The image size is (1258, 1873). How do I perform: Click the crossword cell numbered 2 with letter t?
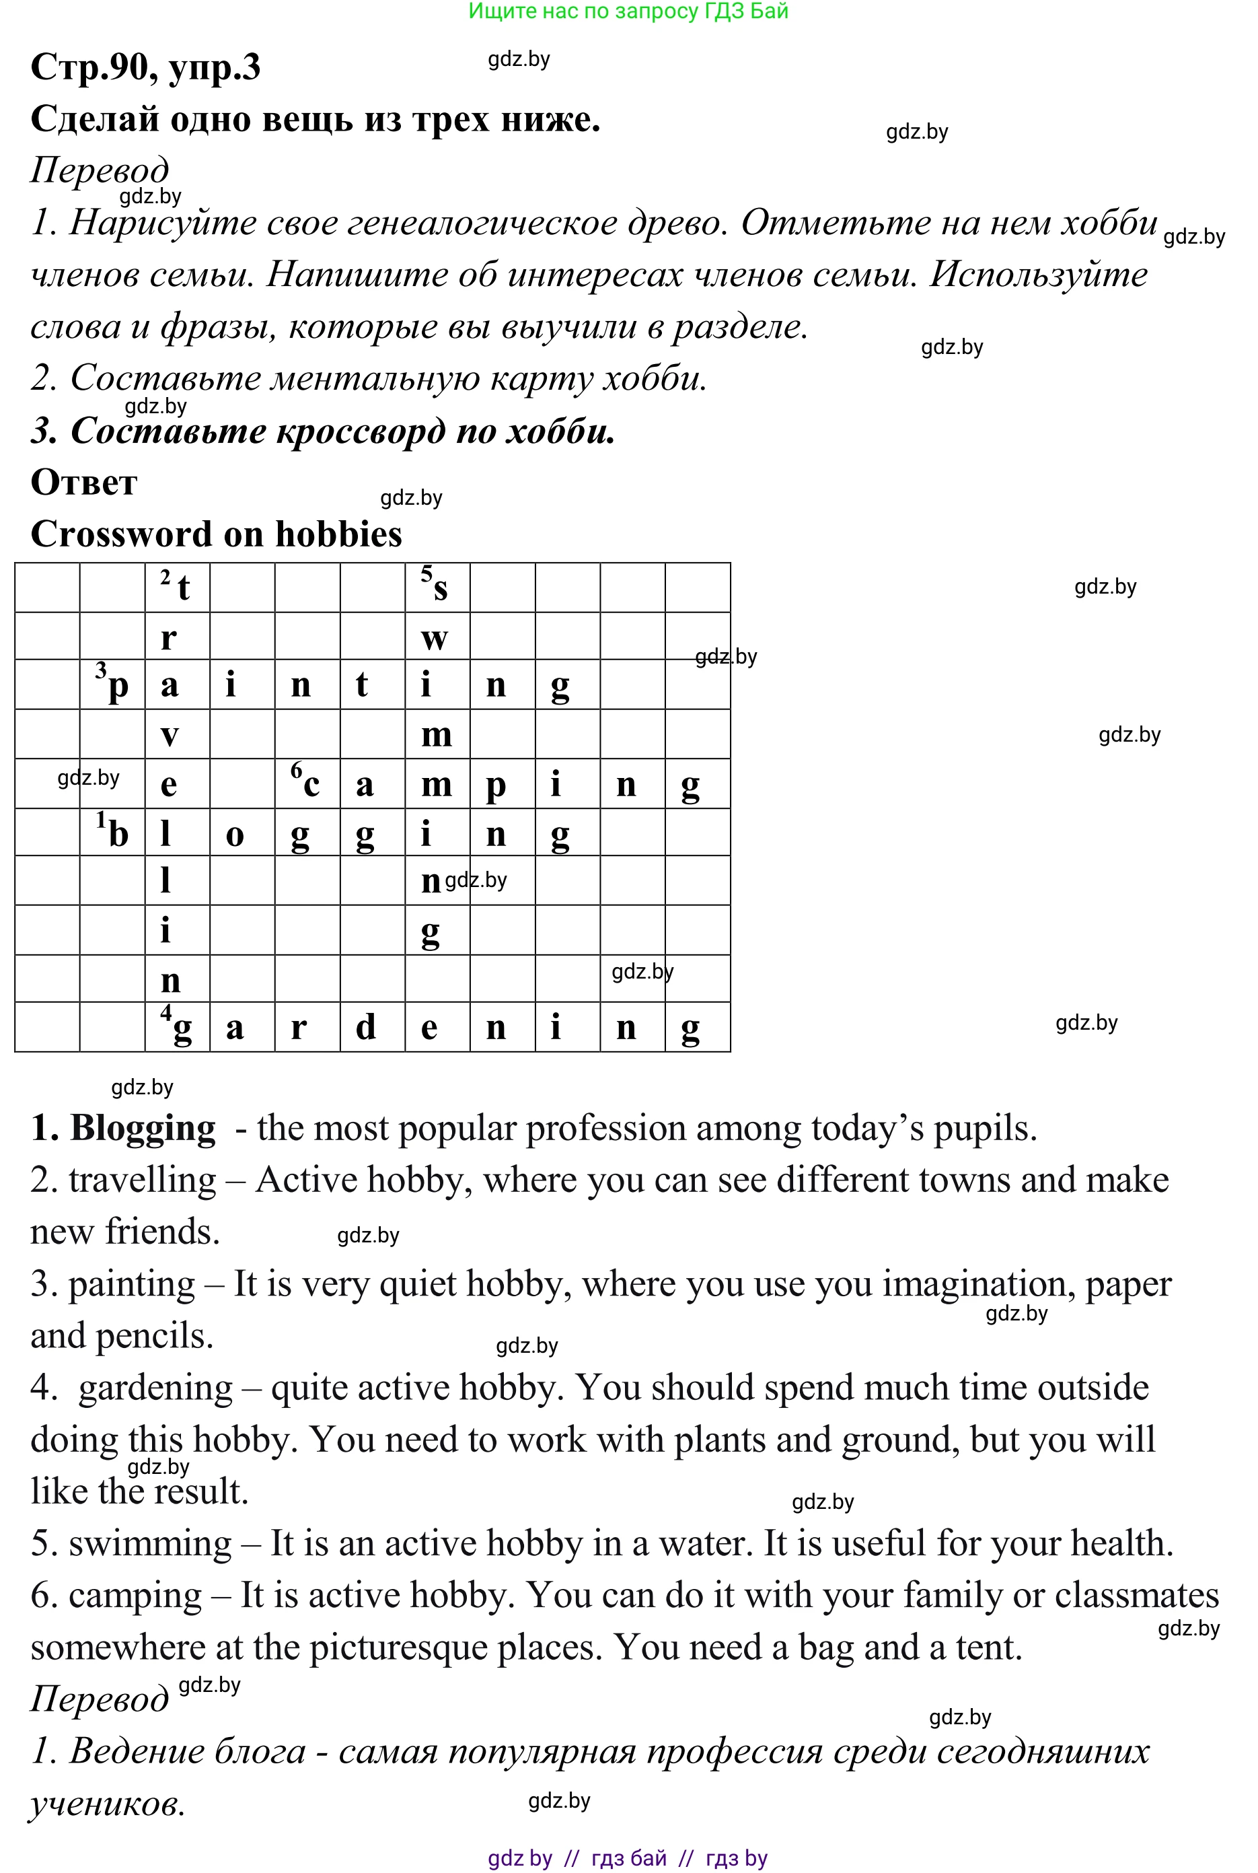coord(178,588)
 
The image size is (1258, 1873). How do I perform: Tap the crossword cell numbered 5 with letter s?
coord(437,588)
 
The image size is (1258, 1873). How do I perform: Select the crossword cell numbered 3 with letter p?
coord(112,684)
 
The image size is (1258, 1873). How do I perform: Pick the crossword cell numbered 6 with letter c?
coord(307,783)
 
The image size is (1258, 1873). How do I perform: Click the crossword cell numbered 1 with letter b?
coord(112,832)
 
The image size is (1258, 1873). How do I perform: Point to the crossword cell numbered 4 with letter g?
coord(178,1026)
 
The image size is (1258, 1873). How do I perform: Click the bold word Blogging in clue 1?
coord(143,1128)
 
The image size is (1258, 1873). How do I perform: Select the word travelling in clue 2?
coord(143,1180)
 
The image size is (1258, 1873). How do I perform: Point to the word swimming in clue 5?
coord(150,1543)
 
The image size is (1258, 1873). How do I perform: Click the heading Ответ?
coord(83,483)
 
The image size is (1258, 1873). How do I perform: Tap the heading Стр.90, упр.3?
coord(145,67)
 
